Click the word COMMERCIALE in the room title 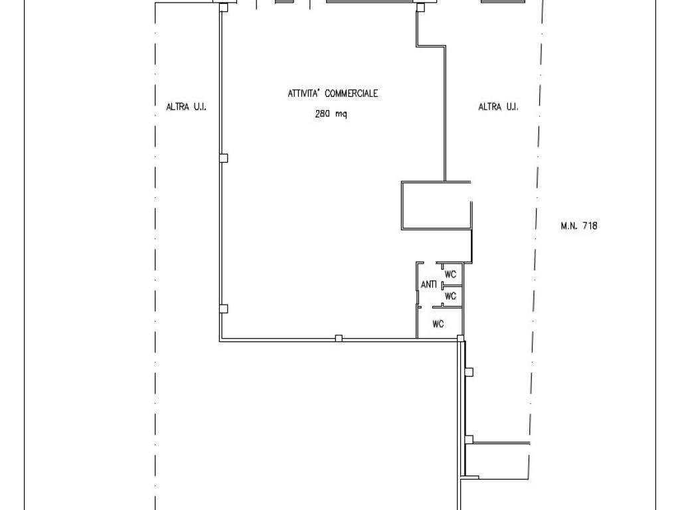[351, 93]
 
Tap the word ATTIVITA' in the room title [304, 93]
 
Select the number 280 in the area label [323, 114]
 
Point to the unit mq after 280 [341, 115]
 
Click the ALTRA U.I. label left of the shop [186, 107]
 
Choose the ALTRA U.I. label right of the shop [498, 107]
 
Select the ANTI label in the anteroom [428, 284]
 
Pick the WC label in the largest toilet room [438, 323]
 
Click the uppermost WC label [451, 274]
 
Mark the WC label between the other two [451, 296]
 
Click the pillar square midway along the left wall [223, 158]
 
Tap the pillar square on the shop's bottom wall [339, 338]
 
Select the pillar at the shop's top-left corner [223, 7]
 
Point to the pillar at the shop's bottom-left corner [223, 309]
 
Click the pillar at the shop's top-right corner [420, 7]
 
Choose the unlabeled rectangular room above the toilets [436, 205]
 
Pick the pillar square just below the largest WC [461, 338]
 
